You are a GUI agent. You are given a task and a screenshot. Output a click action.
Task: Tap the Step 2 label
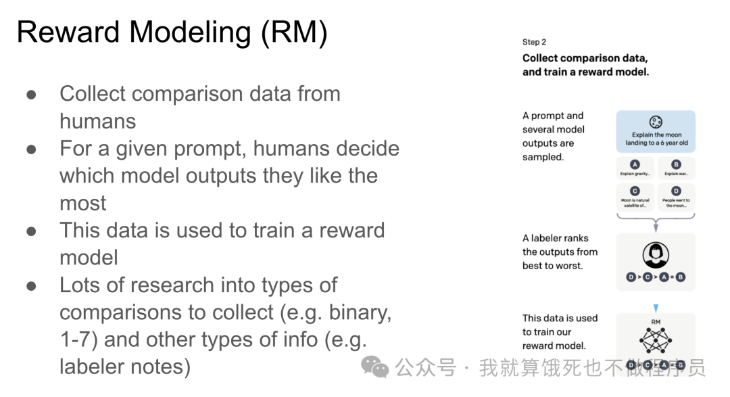click(534, 42)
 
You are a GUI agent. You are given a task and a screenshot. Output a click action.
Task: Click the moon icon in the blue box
click(655, 122)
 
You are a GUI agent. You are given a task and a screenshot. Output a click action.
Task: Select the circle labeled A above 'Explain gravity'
click(635, 164)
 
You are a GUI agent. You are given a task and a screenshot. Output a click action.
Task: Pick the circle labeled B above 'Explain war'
click(676, 164)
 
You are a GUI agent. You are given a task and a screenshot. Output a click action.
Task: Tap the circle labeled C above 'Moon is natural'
click(635, 191)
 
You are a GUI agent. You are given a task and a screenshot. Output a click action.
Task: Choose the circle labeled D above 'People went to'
click(676, 191)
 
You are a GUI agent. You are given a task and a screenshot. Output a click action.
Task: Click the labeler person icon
click(655, 254)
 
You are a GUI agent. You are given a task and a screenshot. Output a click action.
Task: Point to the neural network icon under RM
click(655, 339)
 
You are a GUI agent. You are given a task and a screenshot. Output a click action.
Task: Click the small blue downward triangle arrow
click(655, 308)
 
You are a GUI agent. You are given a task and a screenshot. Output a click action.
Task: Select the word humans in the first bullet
click(97, 121)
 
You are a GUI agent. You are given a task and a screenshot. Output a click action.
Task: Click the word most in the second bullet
click(82, 203)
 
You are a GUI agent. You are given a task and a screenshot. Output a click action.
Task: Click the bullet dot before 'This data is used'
click(32, 231)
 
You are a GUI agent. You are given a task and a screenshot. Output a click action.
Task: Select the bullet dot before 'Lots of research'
click(32, 285)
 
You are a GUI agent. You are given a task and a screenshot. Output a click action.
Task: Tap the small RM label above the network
click(655, 323)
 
